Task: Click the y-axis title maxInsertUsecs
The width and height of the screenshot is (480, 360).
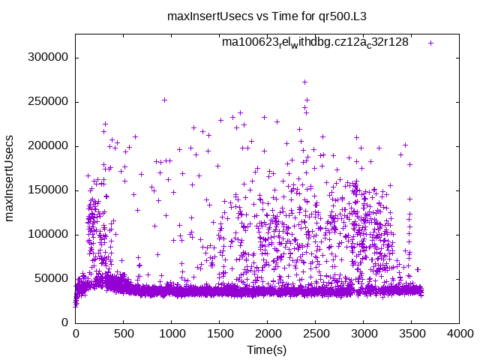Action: pyautogui.click(x=10, y=178)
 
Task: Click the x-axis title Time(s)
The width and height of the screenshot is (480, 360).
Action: pyautogui.click(x=267, y=350)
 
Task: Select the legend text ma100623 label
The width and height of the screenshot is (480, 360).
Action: pyautogui.click(x=315, y=42)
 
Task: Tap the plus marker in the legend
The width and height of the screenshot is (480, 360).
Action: pyautogui.click(x=430, y=43)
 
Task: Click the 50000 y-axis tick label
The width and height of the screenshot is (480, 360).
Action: pyautogui.click(x=52, y=278)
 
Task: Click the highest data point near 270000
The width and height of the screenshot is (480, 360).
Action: pyautogui.click(x=304, y=82)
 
